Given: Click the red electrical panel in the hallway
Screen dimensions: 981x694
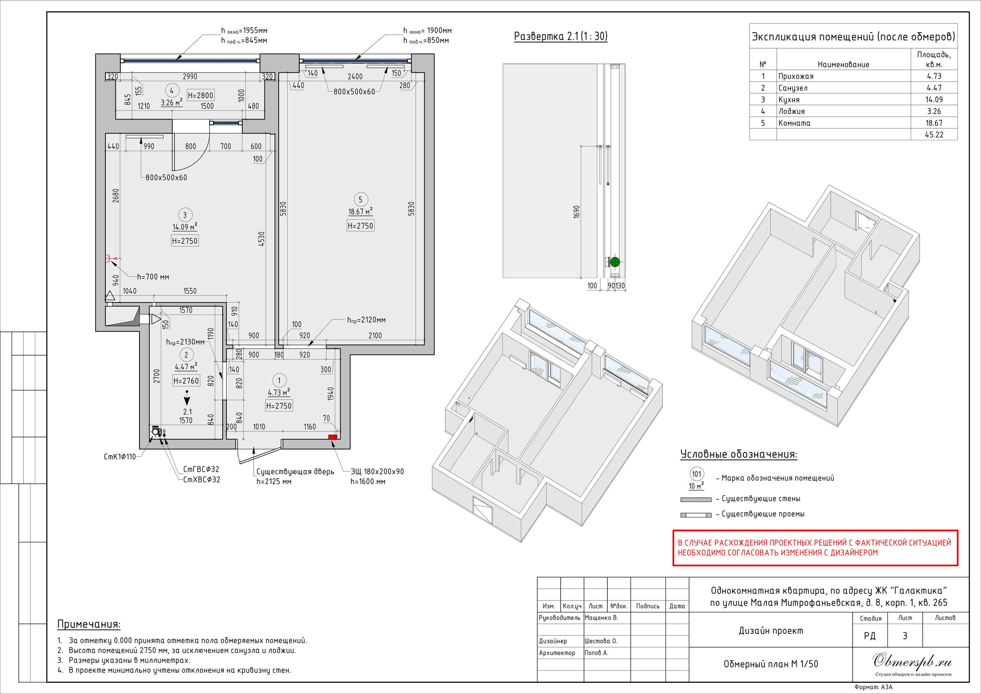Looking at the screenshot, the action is (332, 437).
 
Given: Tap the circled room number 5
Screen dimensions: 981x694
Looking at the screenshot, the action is (360, 200).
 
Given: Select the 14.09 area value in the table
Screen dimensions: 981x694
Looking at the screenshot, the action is (934, 100).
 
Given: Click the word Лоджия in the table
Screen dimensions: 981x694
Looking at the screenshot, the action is (791, 112).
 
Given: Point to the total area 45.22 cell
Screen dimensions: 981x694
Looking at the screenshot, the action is (934, 135).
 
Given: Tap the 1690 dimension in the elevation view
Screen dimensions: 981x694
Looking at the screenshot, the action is (576, 212).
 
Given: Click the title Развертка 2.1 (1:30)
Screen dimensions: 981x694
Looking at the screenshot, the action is (561, 36).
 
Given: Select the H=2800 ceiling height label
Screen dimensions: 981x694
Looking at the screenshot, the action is (200, 95).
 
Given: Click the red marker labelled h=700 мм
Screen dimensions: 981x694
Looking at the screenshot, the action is (108, 259).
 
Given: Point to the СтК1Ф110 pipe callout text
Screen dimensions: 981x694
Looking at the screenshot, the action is (120, 457).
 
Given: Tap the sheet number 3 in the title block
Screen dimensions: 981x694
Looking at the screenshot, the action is (905, 636).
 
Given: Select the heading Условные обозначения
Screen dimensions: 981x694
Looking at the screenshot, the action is (739, 454).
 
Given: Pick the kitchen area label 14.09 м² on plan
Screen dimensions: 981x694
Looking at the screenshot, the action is (185, 227).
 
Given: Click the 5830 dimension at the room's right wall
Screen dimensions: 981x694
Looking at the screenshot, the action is (411, 208).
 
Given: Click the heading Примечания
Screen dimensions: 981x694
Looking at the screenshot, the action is (89, 624).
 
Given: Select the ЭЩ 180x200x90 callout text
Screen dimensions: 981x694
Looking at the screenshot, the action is (377, 472).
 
